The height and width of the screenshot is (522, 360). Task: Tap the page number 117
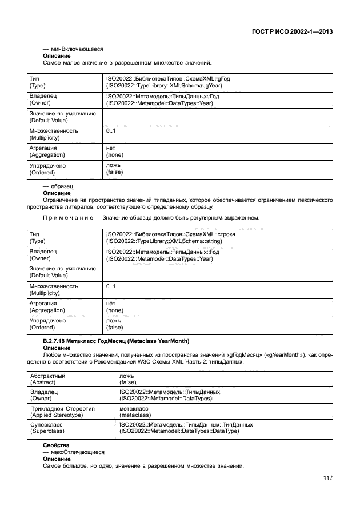[x=326, y=478]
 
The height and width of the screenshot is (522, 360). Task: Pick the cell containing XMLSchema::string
[x=171, y=238]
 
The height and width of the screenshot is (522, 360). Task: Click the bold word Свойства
[x=56, y=444]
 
